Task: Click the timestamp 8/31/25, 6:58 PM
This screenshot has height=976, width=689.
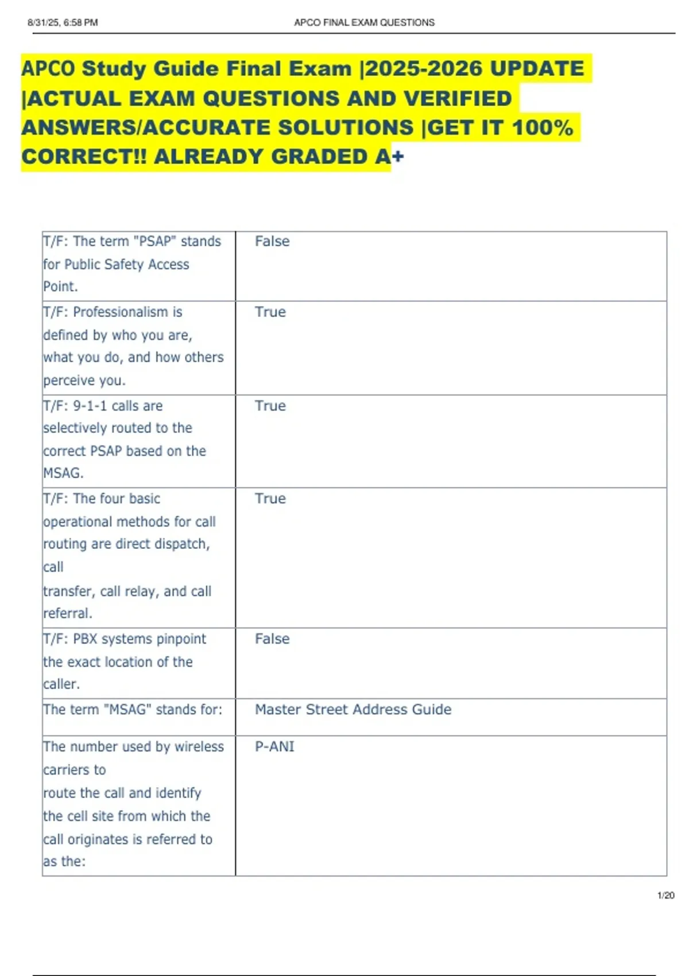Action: coord(63,22)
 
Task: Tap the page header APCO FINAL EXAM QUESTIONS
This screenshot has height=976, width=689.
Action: coord(364,22)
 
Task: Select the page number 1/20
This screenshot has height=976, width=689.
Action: coord(665,895)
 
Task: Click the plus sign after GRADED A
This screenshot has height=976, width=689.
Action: coord(398,156)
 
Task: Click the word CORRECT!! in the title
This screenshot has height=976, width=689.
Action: coord(84,156)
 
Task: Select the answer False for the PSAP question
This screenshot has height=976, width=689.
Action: coord(272,241)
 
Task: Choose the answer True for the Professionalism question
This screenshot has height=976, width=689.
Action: coord(270,312)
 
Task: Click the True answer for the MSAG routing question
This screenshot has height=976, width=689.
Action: coord(270,406)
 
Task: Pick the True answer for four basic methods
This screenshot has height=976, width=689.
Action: coord(270,498)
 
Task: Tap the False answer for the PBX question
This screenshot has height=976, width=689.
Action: coord(272,639)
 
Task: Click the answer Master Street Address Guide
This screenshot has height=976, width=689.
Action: coord(353,710)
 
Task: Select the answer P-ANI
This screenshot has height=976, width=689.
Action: coord(274,746)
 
